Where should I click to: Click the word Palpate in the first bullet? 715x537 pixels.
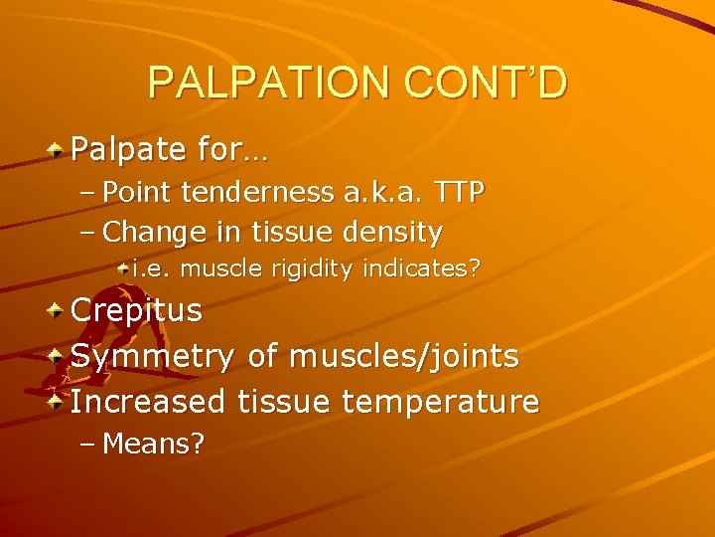129,151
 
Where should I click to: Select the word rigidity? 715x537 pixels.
309,268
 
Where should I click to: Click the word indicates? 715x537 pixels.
422,268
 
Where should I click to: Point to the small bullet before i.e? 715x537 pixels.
122,268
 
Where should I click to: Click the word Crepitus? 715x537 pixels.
136,310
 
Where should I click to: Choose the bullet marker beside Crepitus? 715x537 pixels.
58,309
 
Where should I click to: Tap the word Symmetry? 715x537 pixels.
152,356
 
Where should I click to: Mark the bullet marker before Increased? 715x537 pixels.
58,401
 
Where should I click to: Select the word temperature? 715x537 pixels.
440,403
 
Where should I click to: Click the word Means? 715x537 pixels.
154,444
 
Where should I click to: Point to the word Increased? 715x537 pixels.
149,402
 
